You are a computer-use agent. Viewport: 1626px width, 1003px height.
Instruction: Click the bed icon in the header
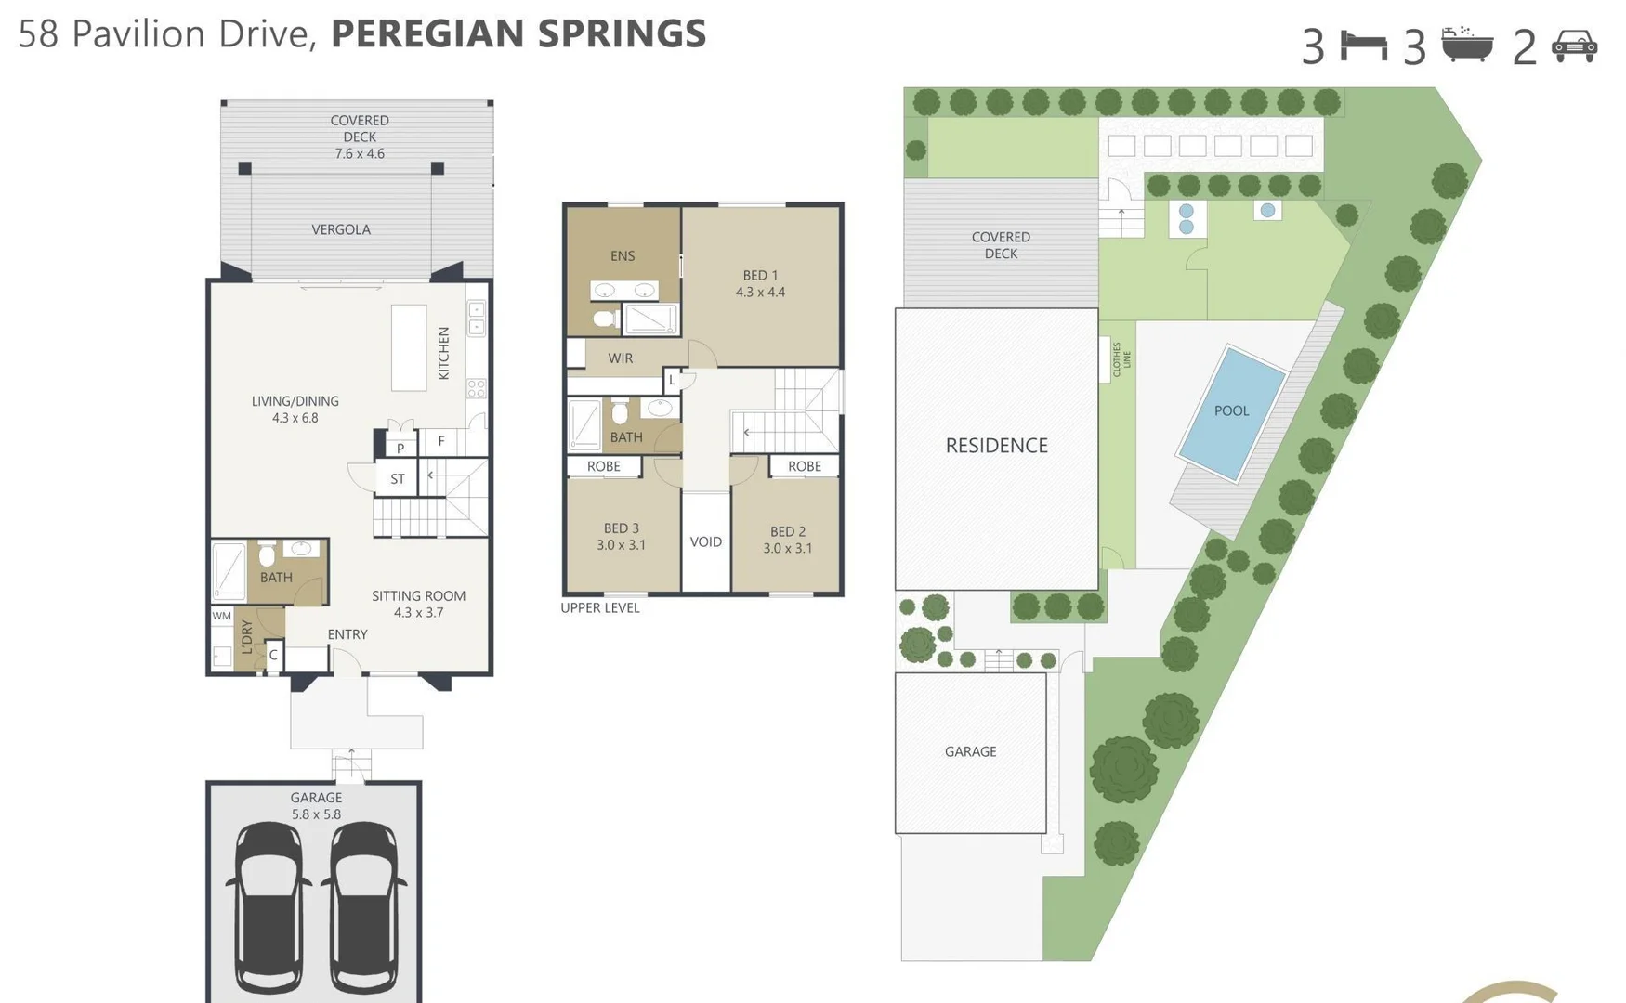pos(1363,46)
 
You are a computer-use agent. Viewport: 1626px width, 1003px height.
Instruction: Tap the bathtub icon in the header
pos(1467,45)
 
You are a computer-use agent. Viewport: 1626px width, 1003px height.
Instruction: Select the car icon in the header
pos(1574,46)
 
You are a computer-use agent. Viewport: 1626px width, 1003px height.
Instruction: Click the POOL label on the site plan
pos(1231,410)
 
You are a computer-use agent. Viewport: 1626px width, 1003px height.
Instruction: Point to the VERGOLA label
pos(341,229)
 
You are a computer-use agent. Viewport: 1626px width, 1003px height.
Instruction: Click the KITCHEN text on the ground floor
pos(444,353)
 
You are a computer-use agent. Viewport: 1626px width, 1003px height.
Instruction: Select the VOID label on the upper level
pos(705,541)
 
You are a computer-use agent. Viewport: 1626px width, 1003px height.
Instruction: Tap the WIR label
pos(620,358)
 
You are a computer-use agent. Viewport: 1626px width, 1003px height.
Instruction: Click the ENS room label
pos(623,256)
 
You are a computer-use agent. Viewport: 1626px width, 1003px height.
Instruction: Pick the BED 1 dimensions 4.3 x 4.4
pos(760,293)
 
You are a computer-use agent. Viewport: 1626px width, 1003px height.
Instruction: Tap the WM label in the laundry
pos(221,616)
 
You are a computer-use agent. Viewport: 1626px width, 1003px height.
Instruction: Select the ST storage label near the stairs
pos(398,479)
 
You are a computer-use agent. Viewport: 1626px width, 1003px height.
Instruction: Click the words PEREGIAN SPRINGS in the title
pos(518,34)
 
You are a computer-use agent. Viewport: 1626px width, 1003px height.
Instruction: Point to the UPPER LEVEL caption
pos(600,608)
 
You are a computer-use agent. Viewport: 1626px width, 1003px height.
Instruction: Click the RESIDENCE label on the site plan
pos(996,446)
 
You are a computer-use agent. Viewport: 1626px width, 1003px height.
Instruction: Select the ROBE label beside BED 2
pos(804,466)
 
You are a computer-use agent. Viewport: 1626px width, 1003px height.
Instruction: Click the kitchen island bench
pos(409,347)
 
